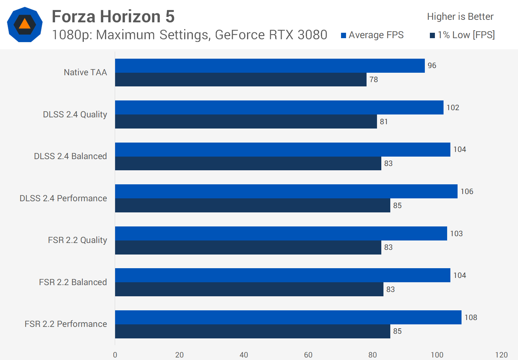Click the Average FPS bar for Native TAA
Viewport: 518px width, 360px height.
[x=270, y=66]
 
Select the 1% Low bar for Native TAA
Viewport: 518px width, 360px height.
[x=241, y=80]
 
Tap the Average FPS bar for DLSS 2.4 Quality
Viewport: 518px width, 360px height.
[x=279, y=107]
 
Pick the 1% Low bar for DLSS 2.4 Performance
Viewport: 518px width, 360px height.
[x=253, y=206]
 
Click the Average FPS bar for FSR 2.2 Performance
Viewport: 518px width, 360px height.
[x=288, y=317]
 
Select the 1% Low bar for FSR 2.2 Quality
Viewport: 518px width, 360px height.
[x=248, y=247]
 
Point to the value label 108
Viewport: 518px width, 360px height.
[x=471, y=318]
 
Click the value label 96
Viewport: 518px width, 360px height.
[x=432, y=66]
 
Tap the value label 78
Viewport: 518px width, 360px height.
[x=374, y=80]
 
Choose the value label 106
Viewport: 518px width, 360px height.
[x=467, y=192]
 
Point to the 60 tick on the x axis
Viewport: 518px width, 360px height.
[x=308, y=355]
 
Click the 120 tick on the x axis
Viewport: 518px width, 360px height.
[x=501, y=355]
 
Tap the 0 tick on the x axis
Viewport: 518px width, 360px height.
[x=115, y=355]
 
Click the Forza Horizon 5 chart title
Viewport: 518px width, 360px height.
[x=113, y=17]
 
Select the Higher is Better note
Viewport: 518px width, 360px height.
[x=460, y=17]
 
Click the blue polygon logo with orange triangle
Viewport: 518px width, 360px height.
[x=25, y=24]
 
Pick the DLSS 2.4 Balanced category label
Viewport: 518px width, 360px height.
[x=71, y=156]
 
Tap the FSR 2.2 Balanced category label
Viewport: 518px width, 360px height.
[x=73, y=282]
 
